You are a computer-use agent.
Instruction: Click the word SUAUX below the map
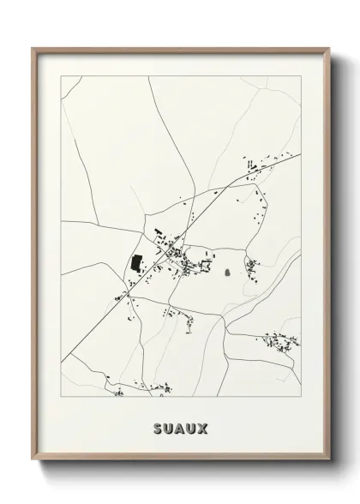pos(181,427)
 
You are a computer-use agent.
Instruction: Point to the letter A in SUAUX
pos(181,427)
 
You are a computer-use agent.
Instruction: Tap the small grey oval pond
pos(228,273)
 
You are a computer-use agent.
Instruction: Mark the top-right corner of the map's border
pos(301,76)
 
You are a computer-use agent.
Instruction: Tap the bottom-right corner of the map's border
pos(301,396)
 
